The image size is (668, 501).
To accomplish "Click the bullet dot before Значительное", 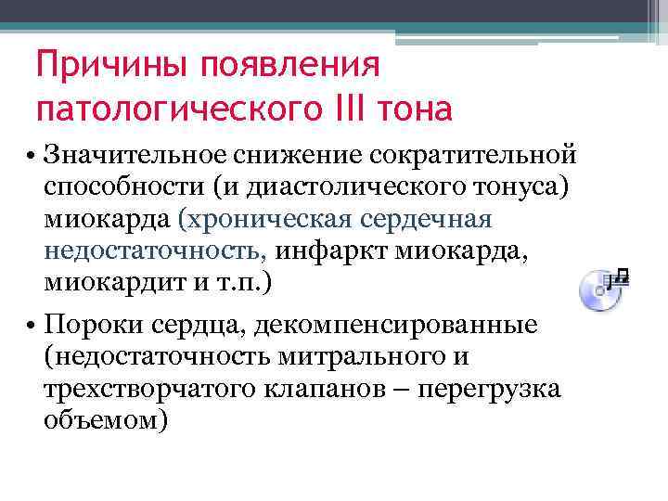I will point(32,153).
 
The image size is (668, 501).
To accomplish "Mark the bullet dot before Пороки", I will point(32,328).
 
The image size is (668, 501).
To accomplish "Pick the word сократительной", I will point(481,153).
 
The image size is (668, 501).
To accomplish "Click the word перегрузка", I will point(490,389).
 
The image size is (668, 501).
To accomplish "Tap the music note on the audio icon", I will point(620,276).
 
